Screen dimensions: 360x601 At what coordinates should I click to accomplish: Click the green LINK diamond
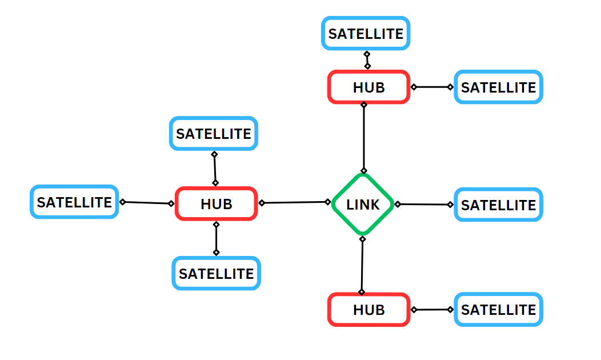(x=363, y=204)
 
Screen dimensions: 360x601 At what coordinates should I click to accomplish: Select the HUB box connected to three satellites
(x=217, y=203)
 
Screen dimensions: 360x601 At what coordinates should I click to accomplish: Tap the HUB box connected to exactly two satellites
(x=368, y=87)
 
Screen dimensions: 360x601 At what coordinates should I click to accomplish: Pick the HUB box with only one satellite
(x=368, y=310)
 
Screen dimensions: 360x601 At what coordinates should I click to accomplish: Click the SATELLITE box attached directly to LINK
(x=498, y=205)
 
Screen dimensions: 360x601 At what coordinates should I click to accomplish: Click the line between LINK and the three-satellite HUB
(x=295, y=202)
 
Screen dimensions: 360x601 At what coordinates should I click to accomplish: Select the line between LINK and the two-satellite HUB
(x=364, y=137)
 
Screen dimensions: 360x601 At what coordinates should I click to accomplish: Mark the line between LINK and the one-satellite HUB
(x=362, y=265)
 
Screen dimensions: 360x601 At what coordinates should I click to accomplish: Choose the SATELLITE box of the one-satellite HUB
(x=498, y=310)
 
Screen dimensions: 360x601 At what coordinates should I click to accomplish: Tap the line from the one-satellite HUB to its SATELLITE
(x=432, y=310)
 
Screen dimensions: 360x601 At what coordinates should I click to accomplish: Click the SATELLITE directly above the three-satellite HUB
(x=214, y=134)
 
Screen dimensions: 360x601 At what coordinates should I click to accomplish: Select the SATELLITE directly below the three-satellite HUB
(x=216, y=273)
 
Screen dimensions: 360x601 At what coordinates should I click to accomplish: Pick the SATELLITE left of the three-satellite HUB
(x=74, y=202)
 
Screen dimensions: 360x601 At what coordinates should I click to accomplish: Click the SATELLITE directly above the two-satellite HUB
(x=366, y=34)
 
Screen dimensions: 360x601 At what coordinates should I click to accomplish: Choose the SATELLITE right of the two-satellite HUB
(x=498, y=87)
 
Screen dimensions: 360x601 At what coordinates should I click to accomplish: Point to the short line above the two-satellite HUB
(x=367, y=60)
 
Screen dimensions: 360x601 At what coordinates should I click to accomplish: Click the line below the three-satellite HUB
(x=216, y=238)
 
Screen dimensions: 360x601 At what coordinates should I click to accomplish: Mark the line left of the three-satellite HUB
(x=147, y=202)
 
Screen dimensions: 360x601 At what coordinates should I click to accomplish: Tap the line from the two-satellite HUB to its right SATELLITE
(x=432, y=87)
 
